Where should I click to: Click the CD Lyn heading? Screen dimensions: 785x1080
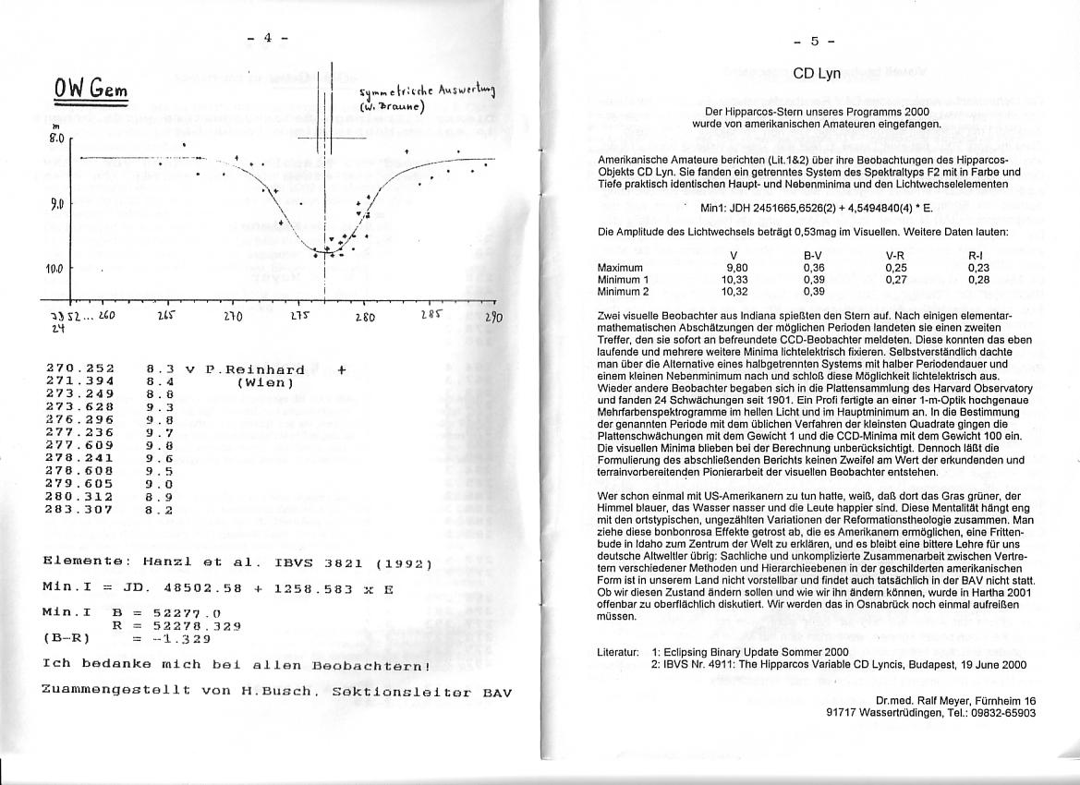point(816,74)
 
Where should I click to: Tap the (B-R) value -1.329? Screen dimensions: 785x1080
point(180,637)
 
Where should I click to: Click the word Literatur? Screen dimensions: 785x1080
point(618,652)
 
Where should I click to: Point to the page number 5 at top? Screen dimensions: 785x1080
point(815,41)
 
